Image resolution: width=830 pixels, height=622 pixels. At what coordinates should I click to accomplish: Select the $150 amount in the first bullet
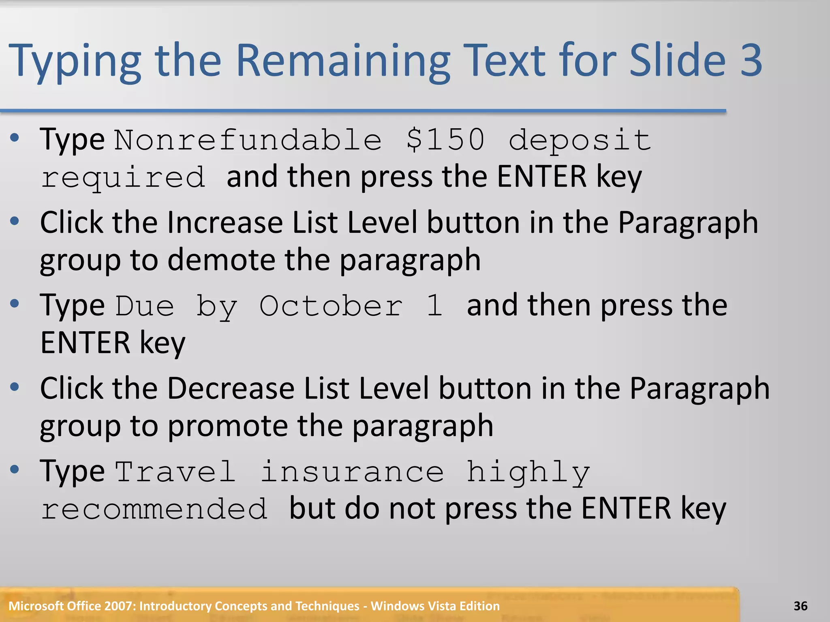[445, 140]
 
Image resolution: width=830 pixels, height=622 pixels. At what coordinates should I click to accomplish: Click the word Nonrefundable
[248, 140]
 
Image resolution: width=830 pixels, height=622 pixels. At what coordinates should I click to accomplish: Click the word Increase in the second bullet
[225, 223]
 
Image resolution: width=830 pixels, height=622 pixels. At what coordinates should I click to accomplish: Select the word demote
[221, 260]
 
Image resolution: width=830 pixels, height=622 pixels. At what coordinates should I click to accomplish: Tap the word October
[331, 306]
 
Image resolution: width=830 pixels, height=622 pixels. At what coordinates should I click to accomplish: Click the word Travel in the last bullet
[175, 472]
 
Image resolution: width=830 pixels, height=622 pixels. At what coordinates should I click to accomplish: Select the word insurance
[352, 472]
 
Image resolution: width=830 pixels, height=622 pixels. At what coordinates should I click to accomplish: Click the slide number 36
[800, 606]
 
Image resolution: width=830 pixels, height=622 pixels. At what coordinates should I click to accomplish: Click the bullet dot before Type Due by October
[15, 303]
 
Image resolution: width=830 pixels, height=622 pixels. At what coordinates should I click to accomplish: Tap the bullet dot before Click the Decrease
[15, 387]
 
